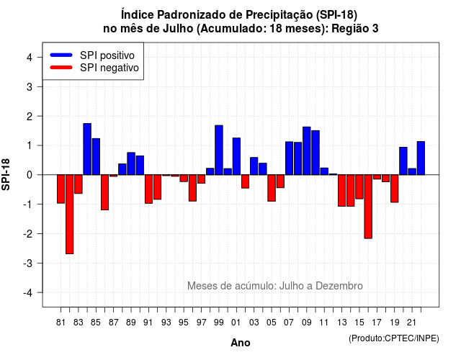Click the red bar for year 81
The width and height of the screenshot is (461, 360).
pos(61,189)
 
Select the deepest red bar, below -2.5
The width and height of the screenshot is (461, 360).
pos(70,215)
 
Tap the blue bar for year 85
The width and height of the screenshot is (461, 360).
pos(96,157)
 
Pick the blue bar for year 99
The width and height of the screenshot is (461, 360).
pos(219,150)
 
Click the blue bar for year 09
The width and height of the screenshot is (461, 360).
pos(307,150)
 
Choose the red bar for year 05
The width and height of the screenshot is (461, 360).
pos(272,188)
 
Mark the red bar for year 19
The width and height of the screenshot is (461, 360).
pos(395,189)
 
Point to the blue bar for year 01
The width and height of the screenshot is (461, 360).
pos(236,156)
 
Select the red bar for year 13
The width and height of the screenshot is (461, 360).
pos(341,190)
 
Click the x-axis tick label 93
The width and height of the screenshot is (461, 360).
pos(166,323)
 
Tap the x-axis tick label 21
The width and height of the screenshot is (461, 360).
pos(412,323)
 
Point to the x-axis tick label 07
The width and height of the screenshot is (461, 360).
pos(289,323)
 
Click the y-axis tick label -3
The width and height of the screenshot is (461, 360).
pos(28,264)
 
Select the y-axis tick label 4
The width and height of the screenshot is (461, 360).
pos(30,58)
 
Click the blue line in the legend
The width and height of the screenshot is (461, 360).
pos(61,55)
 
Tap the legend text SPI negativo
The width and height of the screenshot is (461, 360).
pos(109,68)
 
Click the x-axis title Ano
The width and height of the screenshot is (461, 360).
pos(241,343)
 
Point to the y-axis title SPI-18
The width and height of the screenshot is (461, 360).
pos(6,174)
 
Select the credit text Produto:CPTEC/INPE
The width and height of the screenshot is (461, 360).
pos(394,338)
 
